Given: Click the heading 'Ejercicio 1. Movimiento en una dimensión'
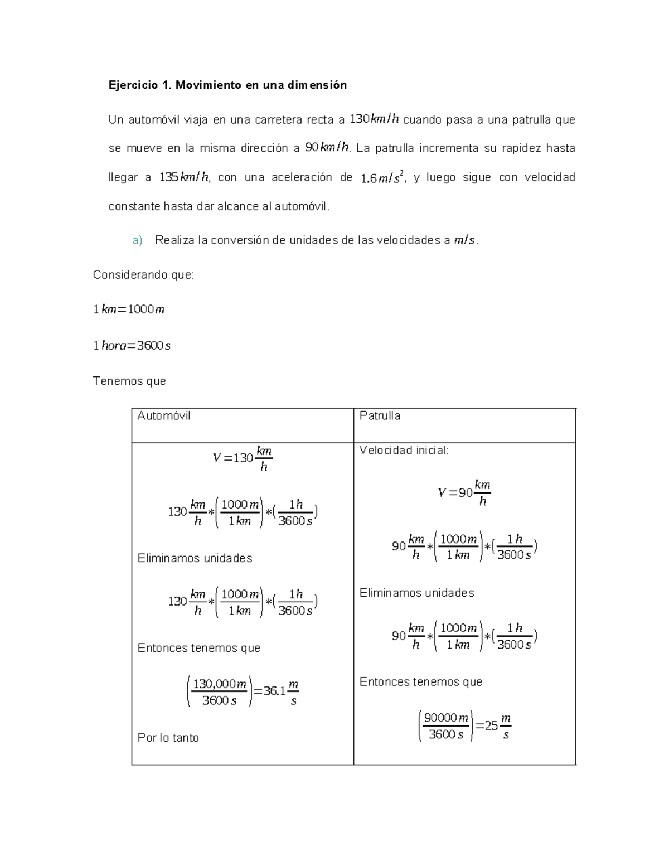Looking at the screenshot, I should (x=227, y=85).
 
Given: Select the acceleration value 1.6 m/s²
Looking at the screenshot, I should (x=381, y=178).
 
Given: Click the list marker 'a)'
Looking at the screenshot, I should (x=137, y=240).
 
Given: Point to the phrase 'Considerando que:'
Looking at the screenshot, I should (x=143, y=274).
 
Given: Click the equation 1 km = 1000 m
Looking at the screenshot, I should (x=129, y=309).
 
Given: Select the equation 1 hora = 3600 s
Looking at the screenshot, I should (x=132, y=346).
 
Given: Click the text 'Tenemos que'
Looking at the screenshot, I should (x=129, y=381).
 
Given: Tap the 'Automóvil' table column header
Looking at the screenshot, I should (x=164, y=415).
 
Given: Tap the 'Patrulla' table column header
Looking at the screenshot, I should (x=380, y=415).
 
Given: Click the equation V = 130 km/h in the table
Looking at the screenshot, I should (x=243, y=458).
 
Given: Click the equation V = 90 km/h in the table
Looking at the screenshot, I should (x=464, y=492).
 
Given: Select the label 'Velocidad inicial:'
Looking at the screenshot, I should (x=404, y=450).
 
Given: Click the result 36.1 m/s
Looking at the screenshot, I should (x=281, y=692).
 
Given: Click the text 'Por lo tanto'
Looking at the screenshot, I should (x=168, y=737).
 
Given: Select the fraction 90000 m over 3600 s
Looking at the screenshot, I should (x=445, y=726).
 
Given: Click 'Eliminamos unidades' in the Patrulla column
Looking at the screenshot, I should (x=416, y=593).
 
